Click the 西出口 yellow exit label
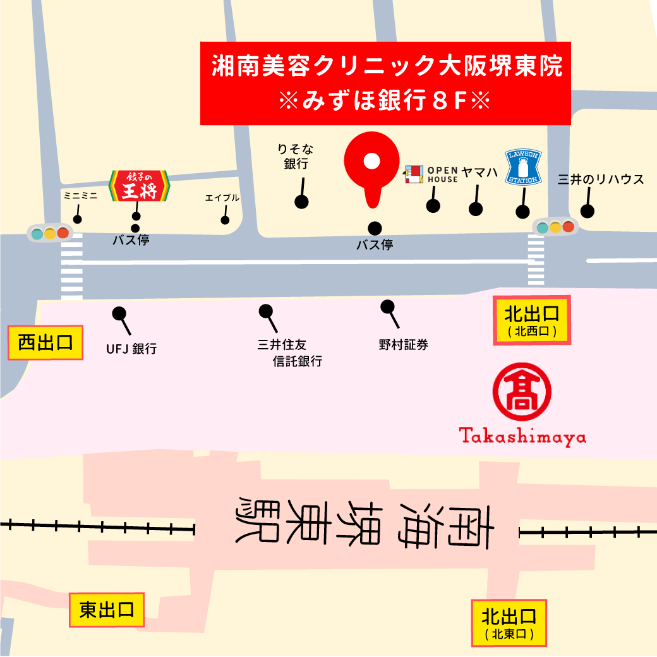tap(45, 343)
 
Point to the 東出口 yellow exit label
tap(107, 610)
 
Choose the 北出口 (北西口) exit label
tap(531, 320)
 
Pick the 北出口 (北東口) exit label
tap(509, 622)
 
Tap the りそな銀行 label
tap(296, 157)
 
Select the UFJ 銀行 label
tap(131, 348)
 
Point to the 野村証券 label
tap(403, 345)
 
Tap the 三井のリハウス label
tap(601, 179)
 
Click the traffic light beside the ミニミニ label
tap(50, 233)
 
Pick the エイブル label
tap(222, 198)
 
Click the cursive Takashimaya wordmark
tap(522, 437)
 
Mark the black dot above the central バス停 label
tap(375, 228)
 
